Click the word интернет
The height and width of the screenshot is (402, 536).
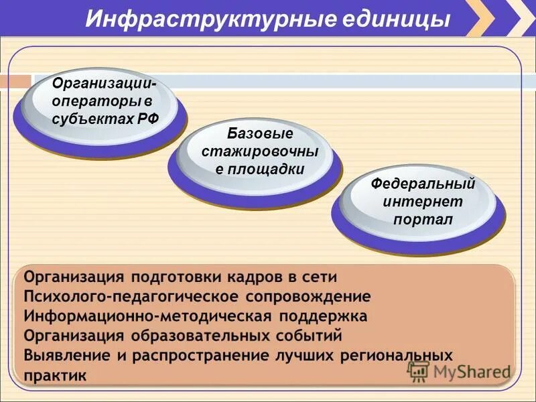pyautogui.click(x=423, y=202)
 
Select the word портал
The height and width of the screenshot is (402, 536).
pyautogui.click(x=423, y=219)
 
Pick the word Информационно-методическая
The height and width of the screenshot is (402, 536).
pyautogui.click(x=130, y=316)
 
